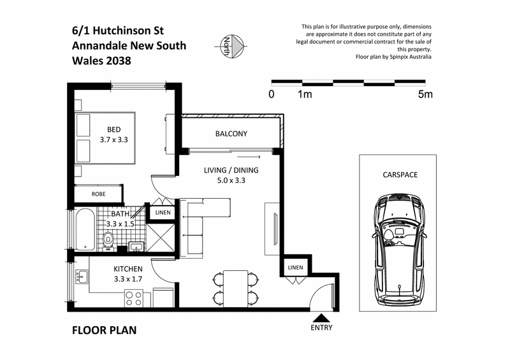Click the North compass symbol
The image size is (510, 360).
(x=231, y=44)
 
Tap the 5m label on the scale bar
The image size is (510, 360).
(x=425, y=95)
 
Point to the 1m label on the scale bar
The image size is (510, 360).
(x=304, y=95)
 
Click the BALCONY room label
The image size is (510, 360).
(x=230, y=134)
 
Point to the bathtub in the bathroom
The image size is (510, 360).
(x=82, y=231)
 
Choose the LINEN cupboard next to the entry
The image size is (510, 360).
(x=295, y=267)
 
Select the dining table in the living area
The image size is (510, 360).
(x=235, y=286)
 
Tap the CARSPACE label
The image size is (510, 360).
(x=400, y=173)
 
